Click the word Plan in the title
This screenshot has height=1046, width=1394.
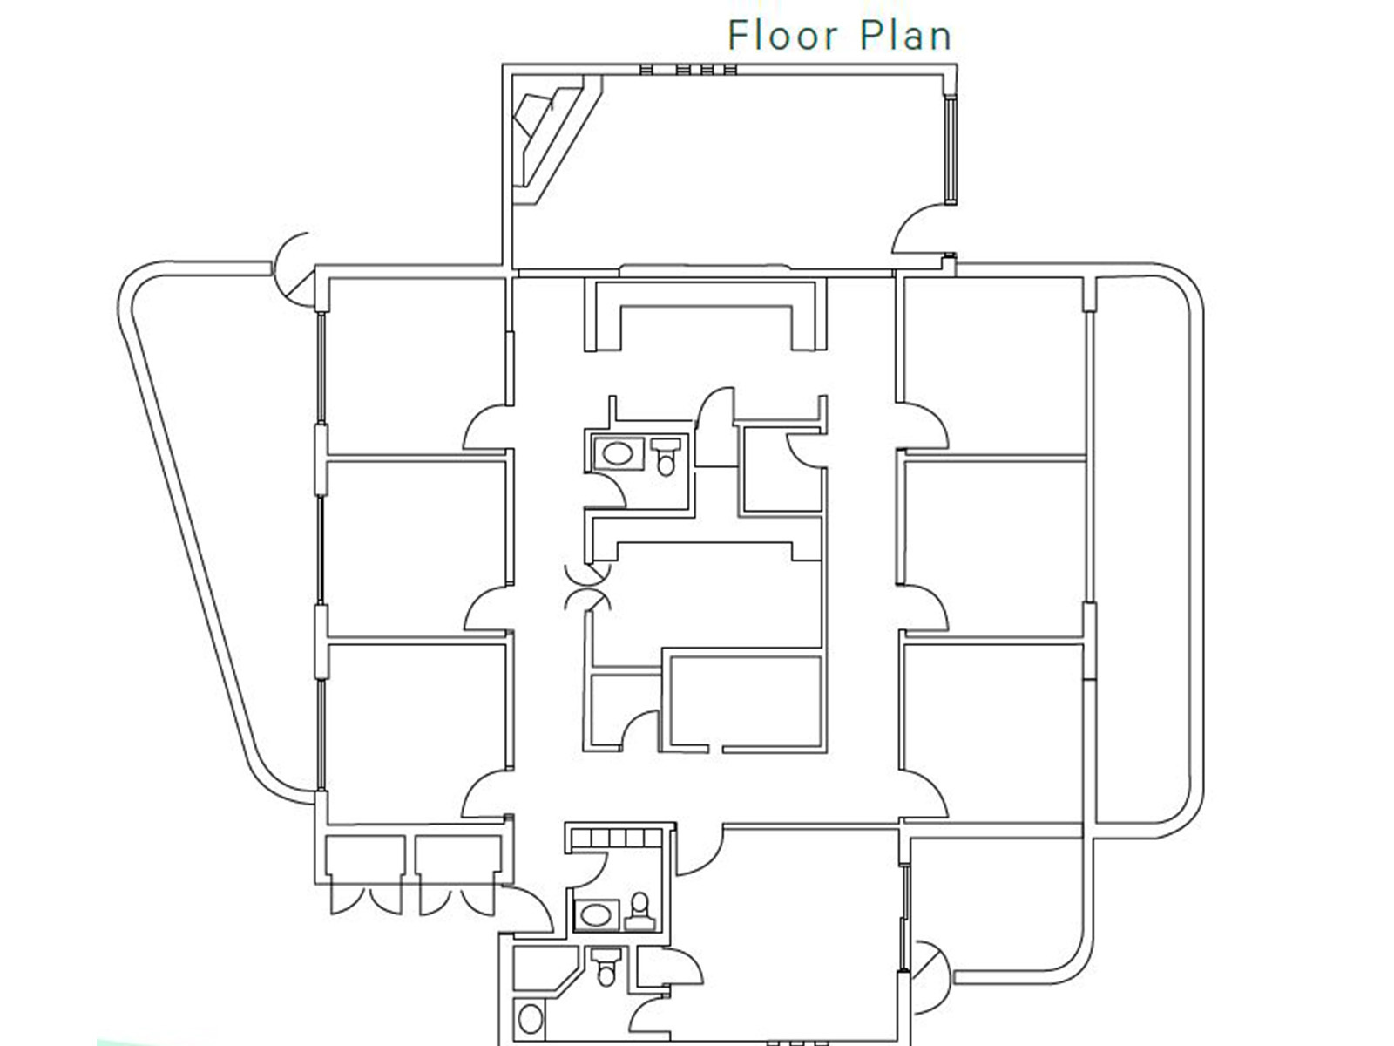coord(906,37)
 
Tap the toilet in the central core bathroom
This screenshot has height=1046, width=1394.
coord(666,454)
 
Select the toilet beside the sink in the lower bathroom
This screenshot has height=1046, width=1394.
coord(640,909)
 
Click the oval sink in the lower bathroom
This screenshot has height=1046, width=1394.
coord(597,914)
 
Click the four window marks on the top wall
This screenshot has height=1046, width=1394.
coord(688,69)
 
